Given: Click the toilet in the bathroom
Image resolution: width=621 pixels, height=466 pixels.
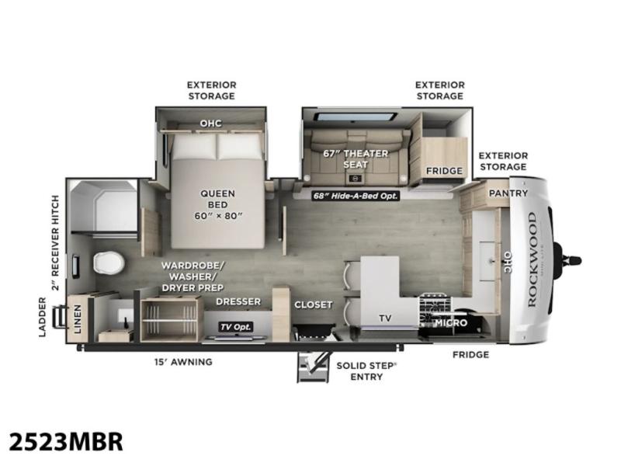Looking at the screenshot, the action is [x=109, y=263].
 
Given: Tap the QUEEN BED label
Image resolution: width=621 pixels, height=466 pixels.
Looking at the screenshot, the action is [x=218, y=200].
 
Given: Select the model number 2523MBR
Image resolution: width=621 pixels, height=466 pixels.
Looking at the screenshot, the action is [x=66, y=442].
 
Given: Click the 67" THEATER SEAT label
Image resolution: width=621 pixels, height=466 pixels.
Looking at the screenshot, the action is [x=356, y=159].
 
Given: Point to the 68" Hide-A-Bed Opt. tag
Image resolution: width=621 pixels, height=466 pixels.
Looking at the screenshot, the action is [x=356, y=196].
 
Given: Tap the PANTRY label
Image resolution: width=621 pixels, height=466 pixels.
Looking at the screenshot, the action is [x=508, y=193].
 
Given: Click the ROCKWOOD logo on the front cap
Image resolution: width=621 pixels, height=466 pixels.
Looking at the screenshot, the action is [x=532, y=259].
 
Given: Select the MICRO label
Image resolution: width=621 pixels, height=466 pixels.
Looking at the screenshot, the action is [x=451, y=323].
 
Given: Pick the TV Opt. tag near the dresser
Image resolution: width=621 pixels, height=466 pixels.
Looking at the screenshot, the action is [x=237, y=327].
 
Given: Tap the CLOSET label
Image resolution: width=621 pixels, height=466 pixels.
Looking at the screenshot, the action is [x=314, y=304].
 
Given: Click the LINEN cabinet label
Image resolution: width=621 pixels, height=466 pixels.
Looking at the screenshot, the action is [x=78, y=319].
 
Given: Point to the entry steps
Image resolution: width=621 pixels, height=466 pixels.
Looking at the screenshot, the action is [x=314, y=367].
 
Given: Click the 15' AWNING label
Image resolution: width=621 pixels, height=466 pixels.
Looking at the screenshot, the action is [x=183, y=362].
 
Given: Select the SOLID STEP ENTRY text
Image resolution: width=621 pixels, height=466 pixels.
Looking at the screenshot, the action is [x=366, y=371].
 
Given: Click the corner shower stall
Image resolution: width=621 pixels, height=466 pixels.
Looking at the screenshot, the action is [x=104, y=207].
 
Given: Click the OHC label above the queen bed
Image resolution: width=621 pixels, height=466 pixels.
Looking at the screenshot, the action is [x=210, y=123].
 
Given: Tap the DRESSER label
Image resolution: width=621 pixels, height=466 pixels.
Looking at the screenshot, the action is [x=238, y=301].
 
